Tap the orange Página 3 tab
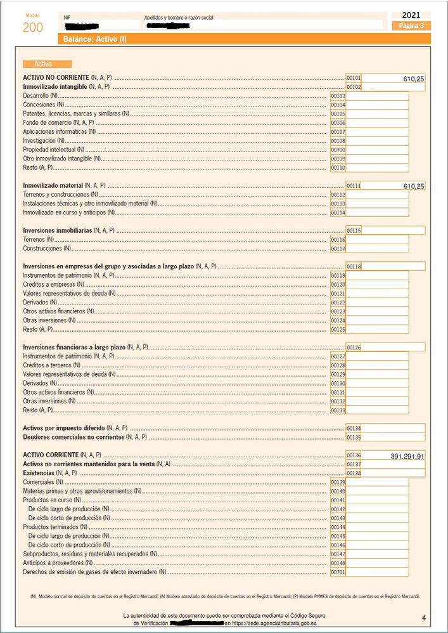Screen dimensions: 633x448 411,26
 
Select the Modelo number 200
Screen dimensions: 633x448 33,27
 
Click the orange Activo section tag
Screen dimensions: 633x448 48,64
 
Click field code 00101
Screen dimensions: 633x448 354,77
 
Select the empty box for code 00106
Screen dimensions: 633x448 377,122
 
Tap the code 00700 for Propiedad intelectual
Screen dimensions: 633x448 338,149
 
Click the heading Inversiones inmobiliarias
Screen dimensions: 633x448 57,230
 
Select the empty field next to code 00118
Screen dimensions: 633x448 393,266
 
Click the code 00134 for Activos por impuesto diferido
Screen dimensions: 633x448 354,428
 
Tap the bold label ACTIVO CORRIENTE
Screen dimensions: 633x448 51,455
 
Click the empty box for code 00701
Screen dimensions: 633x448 377,571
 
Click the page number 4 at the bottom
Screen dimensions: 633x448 423,618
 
